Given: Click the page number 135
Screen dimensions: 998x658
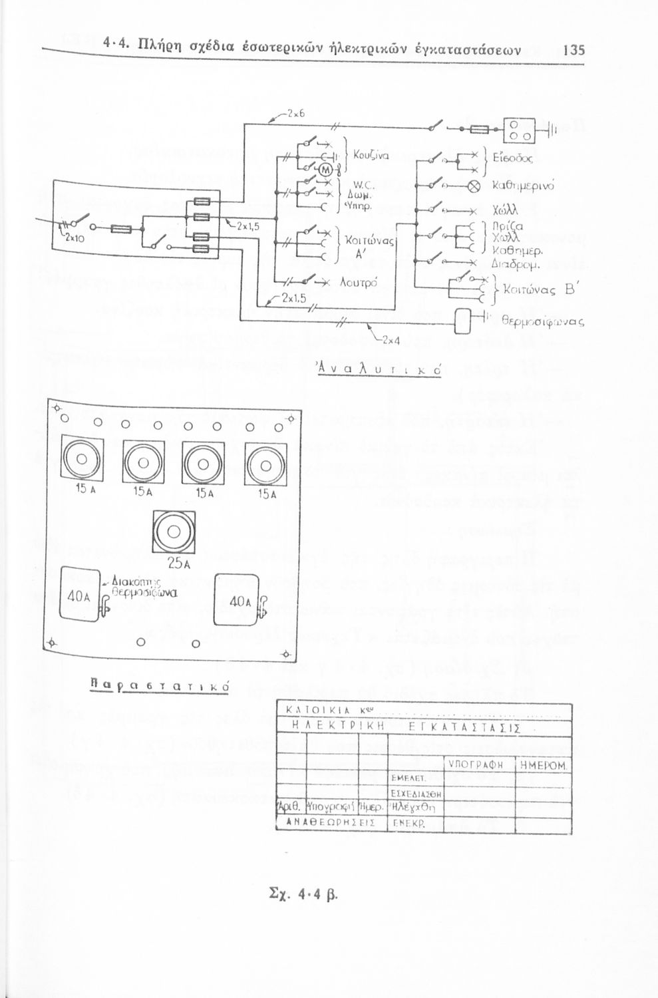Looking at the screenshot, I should [x=573, y=50].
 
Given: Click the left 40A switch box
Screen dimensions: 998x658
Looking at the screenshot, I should [x=79, y=594].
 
